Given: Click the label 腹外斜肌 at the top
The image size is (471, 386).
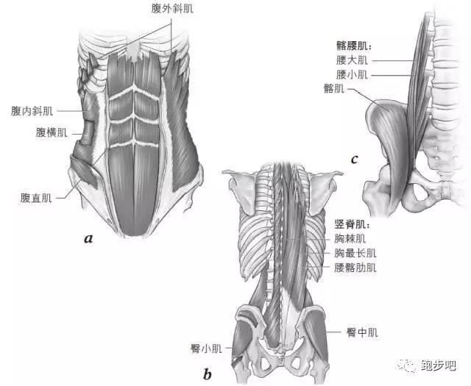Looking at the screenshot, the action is [172, 9].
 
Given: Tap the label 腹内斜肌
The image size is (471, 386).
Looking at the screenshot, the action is [32, 111].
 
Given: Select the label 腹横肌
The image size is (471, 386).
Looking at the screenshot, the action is [52, 132].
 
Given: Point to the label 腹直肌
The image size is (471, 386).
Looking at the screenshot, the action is [36, 198].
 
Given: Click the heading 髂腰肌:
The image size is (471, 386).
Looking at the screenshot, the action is [353, 46].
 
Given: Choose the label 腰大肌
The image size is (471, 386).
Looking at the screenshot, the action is [352, 60].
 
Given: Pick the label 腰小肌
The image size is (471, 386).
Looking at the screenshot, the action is [352, 74].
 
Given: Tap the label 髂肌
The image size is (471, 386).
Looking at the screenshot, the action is [334, 88].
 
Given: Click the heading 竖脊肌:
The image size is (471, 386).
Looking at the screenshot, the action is [352, 224].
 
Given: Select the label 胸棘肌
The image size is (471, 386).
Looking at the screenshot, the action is [350, 239].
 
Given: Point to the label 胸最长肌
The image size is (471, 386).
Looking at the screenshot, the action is [355, 253].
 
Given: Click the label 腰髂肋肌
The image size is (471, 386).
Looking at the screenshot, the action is [355, 268].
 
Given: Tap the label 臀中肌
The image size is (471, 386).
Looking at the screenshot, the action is [362, 332].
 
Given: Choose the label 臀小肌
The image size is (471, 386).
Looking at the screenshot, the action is [206, 349].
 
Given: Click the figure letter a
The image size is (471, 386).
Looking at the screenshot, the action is [88, 239].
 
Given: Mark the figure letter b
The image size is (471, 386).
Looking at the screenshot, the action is [208, 374].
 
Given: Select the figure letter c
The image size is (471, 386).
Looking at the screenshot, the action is [355, 159].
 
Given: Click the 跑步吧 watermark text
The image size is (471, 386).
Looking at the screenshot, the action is [439, 365].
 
